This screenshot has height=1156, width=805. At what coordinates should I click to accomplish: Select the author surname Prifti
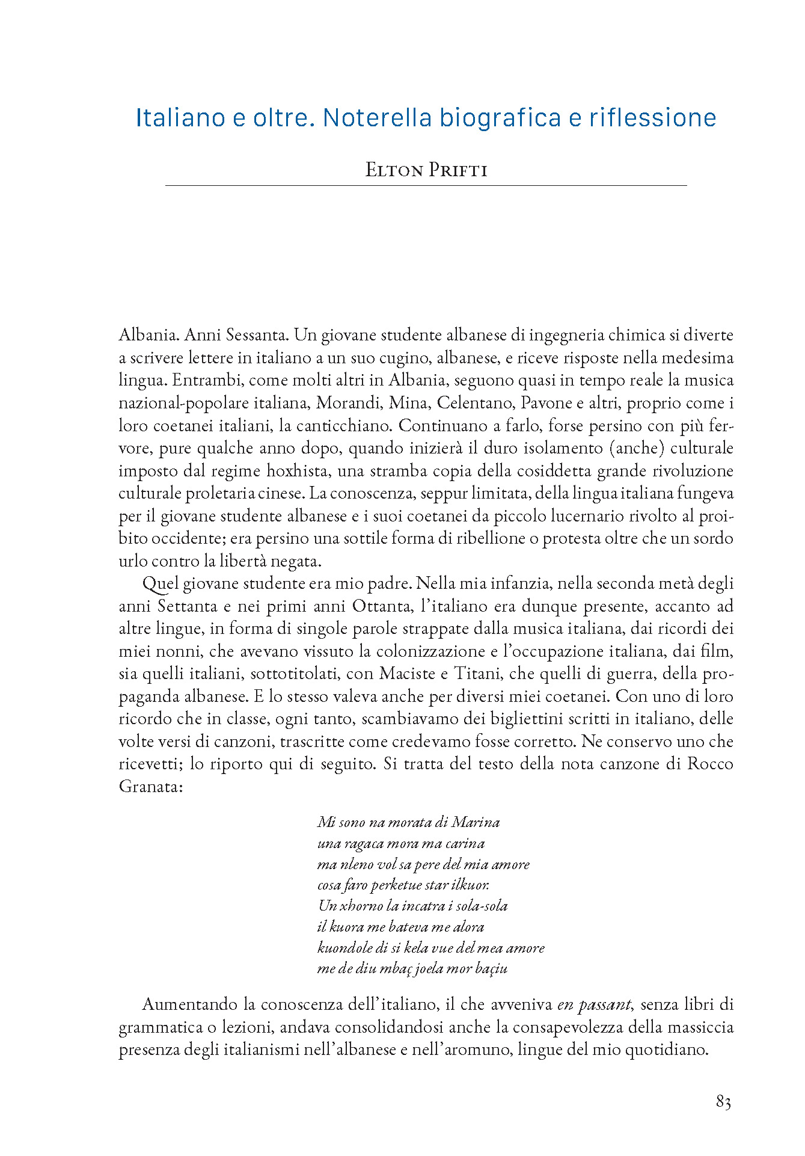pos(458,170)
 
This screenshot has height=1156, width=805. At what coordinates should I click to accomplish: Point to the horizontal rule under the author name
pos(426,186)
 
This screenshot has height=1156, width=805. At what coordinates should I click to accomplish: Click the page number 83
pos(723,1102)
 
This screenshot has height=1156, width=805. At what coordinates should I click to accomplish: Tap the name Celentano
pos(475,403)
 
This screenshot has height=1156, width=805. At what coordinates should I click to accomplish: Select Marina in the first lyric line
pos(476,822)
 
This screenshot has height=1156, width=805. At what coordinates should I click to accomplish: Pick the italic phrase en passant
pos(594,1004)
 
